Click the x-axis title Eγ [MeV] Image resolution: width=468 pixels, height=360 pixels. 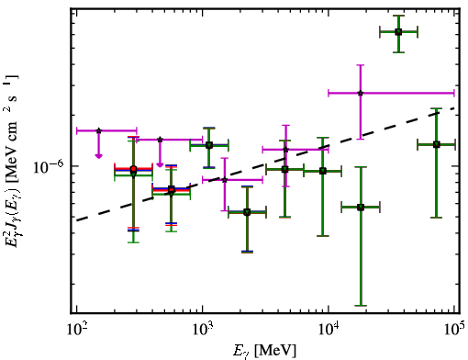click(264, 351)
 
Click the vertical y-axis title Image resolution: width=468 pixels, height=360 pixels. click(12, 161)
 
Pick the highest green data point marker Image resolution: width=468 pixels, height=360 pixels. click(398, 32)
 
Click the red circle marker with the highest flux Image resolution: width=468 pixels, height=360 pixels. click(133, 169)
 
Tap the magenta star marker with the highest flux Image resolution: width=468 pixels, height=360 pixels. click(361, 93)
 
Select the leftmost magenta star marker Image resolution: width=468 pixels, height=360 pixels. click(98, 130)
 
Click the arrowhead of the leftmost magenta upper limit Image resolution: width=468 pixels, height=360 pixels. click(98, 156)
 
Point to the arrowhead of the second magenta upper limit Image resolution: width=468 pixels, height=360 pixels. click(160, 164)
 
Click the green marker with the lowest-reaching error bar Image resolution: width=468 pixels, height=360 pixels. click(361, 208)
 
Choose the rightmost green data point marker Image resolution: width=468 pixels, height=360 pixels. click(437, 144)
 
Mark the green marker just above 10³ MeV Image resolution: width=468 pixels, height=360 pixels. click(209, 145)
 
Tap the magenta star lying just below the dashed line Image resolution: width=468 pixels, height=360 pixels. click(225, 180)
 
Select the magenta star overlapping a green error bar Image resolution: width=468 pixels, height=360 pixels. click(285, 150)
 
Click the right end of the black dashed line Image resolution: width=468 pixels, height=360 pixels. click(455, 107)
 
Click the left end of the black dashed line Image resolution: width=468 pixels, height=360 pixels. click(77, 220)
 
